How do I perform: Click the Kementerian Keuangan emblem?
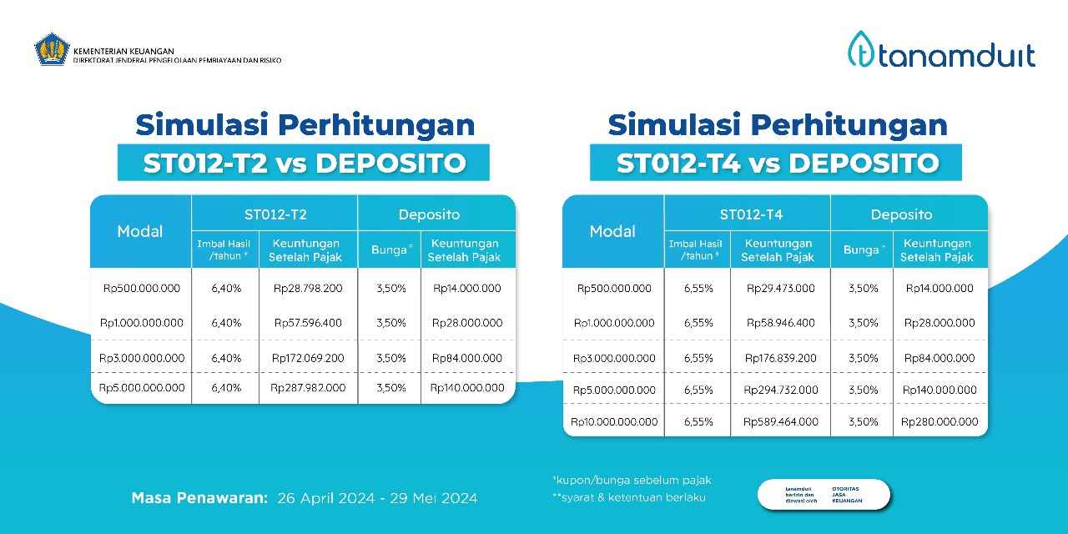(x=51, y=49)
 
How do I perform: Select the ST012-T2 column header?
(x=275, y=214)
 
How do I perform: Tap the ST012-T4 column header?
(x=748, y=214)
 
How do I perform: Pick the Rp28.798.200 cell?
(x=307, y=289)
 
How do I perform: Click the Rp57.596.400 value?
(x=307, y=322)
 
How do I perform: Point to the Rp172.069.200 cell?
(x=307, y=358)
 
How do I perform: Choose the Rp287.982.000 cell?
(x=307, y=388)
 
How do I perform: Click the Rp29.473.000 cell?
(x=780, y=289)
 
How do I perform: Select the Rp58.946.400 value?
(x=780, y=323)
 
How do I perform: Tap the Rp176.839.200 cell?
(x=780, y=358)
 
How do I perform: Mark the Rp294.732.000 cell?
(x=780, y=390)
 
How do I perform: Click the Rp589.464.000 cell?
(x=780, y=422)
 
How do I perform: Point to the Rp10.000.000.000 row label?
(x=614, y=422)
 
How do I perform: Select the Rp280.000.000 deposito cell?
(x=940, y=422)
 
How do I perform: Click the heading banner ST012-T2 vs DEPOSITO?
(x=304, y=163)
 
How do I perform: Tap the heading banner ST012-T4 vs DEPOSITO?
(x=776, y=163)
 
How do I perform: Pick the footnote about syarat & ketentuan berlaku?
(x=629, y=498)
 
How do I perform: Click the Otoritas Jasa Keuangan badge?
(x=824, y=494)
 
